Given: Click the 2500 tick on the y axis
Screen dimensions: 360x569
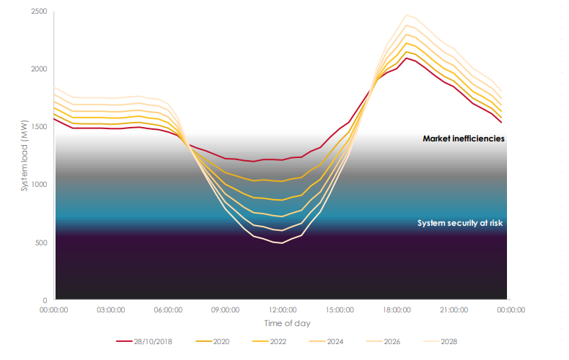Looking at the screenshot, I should [38, 12].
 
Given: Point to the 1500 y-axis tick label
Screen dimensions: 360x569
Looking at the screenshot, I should [38, 127].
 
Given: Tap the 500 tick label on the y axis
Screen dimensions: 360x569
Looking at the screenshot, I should [41, 242].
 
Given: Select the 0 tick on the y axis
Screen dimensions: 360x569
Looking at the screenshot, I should [45, 300].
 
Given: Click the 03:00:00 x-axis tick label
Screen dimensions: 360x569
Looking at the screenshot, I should [111, 309].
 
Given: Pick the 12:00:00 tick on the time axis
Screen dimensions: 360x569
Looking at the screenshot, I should [283, 309].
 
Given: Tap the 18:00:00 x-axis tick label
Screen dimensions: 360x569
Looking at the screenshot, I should [397, 309].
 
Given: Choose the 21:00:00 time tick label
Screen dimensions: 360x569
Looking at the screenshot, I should [454, 309].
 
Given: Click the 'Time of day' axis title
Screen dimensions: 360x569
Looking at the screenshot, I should [283, 323].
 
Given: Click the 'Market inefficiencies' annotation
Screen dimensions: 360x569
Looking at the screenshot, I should [463, 138].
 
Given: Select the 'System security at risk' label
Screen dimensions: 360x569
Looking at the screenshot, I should [459, 224].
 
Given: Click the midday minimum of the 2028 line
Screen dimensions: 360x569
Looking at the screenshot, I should [282, 243].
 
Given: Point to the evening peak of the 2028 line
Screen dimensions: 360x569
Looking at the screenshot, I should [406, 14].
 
